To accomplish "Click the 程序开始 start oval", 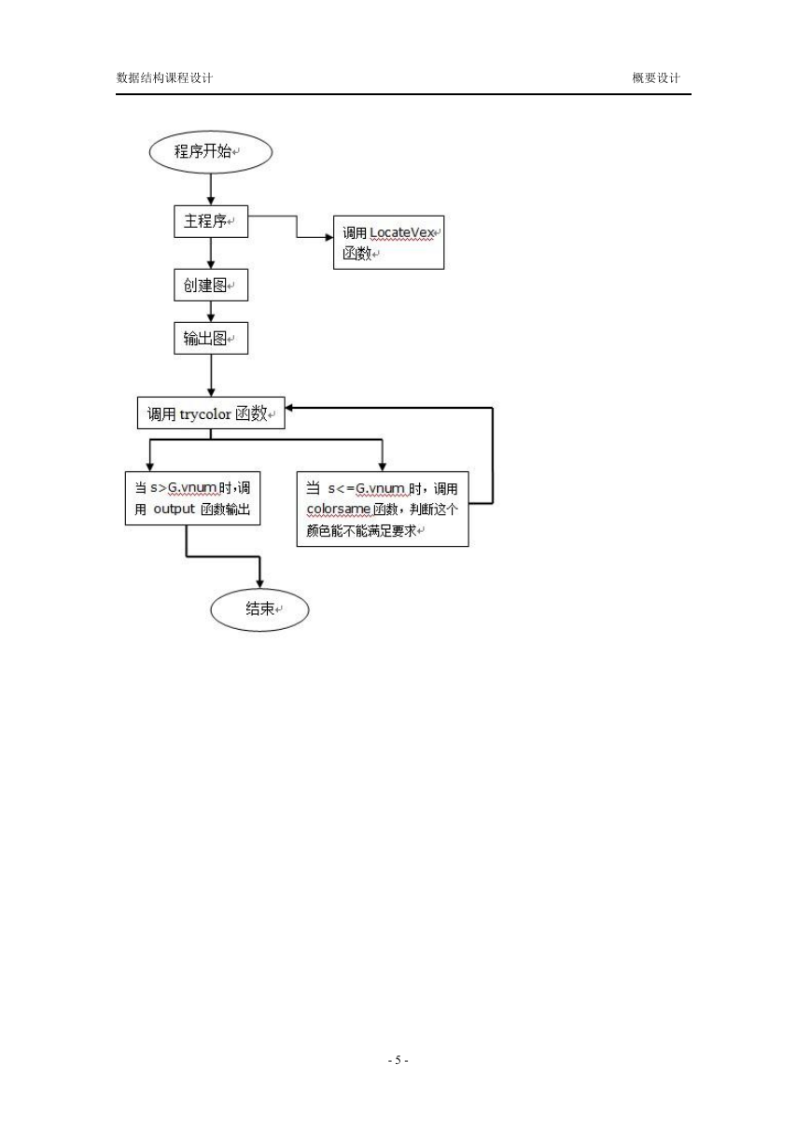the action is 210,151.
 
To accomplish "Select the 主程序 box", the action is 211,221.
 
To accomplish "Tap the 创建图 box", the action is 211,285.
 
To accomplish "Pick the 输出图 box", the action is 211,338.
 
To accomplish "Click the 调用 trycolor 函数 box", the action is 211,412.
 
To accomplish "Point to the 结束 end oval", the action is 260,609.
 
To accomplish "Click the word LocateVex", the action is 401,232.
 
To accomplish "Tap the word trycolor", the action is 205,414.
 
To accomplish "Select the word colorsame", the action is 338,510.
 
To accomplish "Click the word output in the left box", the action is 174,509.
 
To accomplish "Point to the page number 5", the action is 399,1060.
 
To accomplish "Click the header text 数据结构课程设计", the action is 164,77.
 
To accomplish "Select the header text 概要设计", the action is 656,77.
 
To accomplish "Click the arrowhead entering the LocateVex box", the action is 329,237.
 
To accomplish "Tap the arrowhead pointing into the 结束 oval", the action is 260,584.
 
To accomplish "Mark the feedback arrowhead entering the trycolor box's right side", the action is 289,408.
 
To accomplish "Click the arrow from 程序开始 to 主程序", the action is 211,189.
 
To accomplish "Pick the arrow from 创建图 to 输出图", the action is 211,312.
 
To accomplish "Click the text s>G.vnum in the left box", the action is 183,487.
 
